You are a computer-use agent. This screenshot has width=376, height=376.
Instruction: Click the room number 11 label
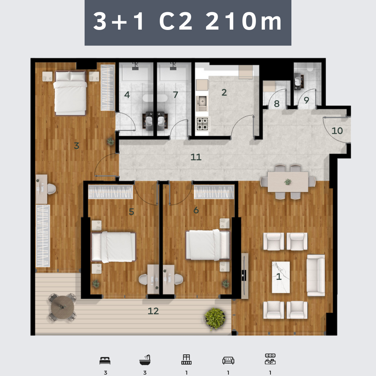click(196, 157)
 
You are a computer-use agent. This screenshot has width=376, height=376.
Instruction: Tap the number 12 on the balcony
click(153, 311)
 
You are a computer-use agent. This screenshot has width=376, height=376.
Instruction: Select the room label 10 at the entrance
click(337, 131)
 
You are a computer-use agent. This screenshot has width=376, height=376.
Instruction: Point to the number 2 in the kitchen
click(224, 92)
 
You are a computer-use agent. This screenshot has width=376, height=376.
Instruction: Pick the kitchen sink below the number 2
click(202, 103)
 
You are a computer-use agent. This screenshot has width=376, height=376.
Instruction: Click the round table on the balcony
click(63, 307)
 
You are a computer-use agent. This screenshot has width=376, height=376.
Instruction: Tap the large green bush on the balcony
click(215, 319)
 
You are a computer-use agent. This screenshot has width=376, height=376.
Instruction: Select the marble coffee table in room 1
click(281, 277)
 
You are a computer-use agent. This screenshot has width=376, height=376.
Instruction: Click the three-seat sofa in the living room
click(316, 275)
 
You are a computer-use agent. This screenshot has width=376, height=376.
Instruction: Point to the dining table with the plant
click(288, 182)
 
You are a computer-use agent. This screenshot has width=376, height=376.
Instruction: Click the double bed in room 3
click(70, 93)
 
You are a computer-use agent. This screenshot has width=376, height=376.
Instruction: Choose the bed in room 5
click(113, 247)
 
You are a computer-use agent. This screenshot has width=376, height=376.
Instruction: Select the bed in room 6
click(207, 245)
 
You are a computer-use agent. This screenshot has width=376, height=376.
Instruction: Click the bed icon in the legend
click(105, 361)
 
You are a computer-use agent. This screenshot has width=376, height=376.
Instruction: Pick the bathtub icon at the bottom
click(145, 360)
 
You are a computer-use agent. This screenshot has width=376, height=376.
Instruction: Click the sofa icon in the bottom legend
click(228, 360)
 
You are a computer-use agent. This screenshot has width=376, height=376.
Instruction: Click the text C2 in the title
click(176, 21)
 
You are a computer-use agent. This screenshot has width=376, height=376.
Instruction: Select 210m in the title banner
click(243, 21)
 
